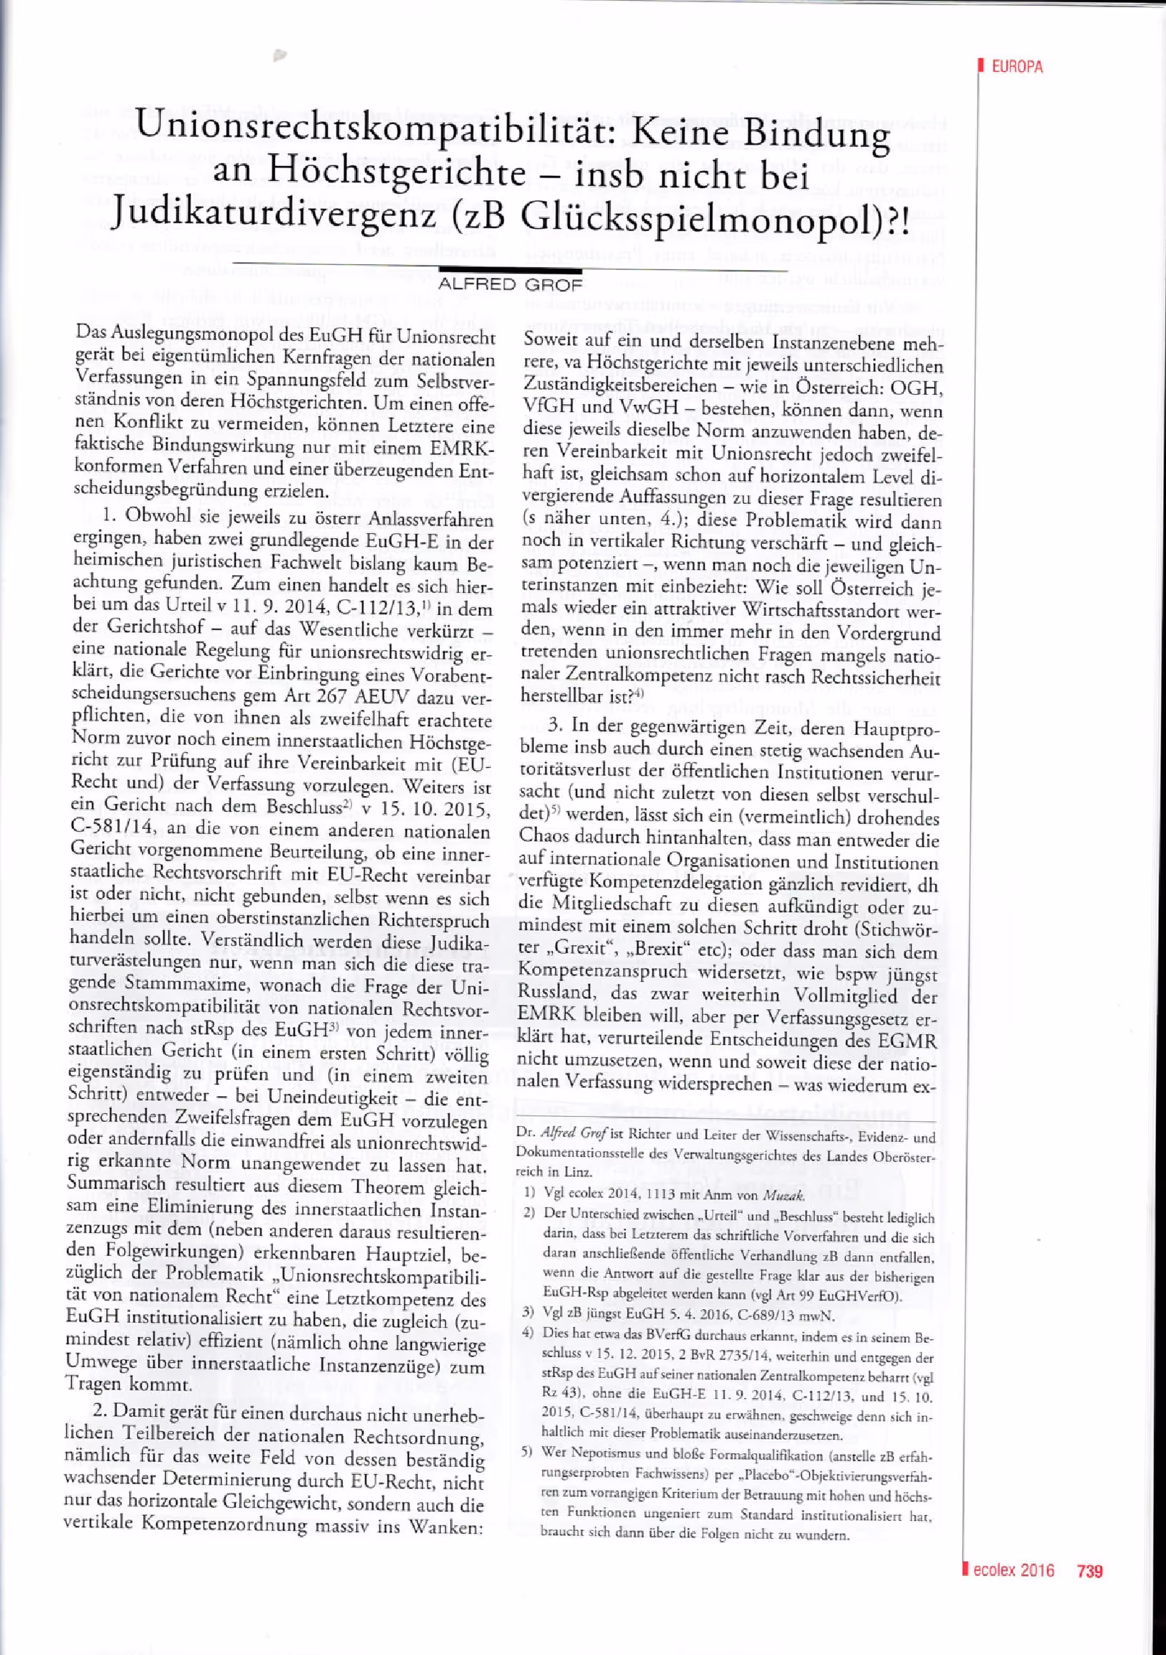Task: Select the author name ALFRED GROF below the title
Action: [x=510, y=284]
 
